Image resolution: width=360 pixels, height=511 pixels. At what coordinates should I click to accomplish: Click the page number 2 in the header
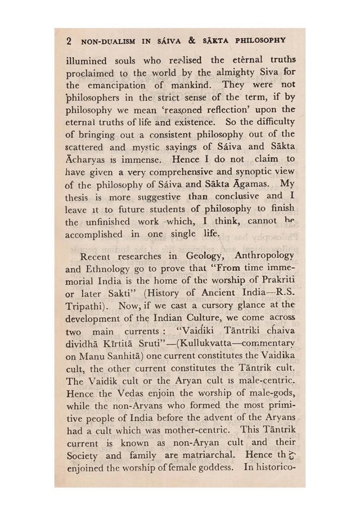(x=69, y=41)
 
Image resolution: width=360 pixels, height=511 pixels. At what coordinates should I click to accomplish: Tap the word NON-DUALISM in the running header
(x=108, y=41)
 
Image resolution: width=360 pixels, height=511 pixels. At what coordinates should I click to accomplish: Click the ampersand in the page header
(x=192, y=41)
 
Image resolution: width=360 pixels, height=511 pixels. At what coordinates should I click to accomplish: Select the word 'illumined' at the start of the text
(x=86, y=61)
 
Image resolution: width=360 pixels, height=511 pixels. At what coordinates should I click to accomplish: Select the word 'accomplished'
(x=94, y=234)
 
